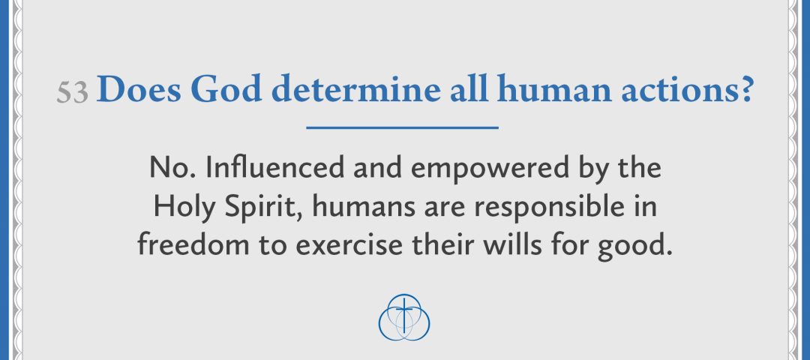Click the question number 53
pos(73,93)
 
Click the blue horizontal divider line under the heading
pos(403,128)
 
